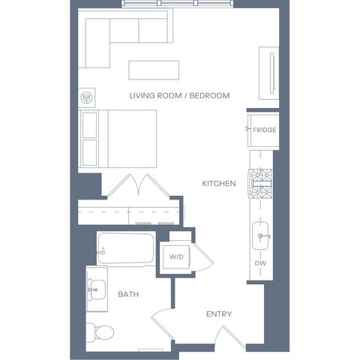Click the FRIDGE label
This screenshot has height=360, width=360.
265,130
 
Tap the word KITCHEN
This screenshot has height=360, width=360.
219,184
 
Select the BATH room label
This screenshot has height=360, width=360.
128,294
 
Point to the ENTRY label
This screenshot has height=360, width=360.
219,314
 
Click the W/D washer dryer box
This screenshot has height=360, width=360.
176,257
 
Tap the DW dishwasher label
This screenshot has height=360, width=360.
260,263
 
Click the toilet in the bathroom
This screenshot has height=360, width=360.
100,332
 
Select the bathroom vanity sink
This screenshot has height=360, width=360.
97,289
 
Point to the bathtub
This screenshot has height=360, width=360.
126,247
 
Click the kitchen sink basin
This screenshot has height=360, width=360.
260,235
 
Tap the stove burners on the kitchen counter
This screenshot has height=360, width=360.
260,184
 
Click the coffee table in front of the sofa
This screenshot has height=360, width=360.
154,70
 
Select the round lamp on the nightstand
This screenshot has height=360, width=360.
87,97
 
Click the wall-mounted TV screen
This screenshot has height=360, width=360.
272,73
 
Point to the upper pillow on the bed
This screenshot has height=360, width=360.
90,125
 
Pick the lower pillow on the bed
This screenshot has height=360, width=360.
90,153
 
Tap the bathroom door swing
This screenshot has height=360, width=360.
160,322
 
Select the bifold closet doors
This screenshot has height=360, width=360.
139,185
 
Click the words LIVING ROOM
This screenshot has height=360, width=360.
155,95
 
